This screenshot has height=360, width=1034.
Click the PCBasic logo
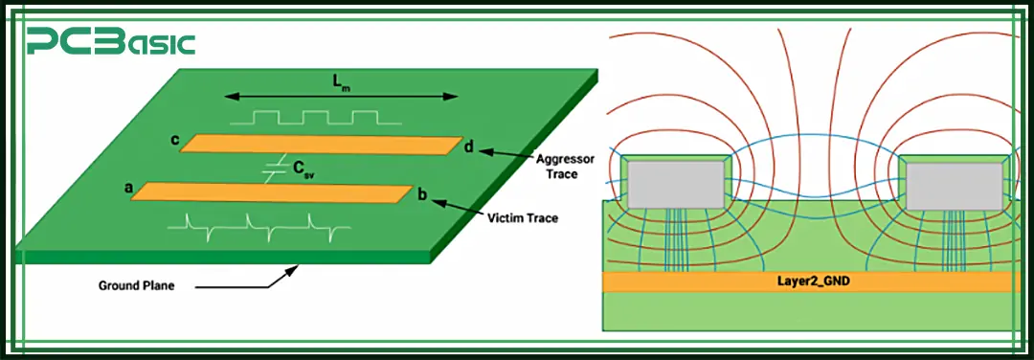click(111, 42)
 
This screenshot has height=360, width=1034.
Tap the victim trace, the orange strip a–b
click(273, 191)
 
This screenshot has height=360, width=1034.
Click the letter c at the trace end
click(174, 141)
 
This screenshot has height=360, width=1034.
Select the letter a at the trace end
click(128, 189)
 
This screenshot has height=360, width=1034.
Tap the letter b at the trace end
click(421, 193)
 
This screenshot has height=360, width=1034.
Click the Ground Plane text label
click(135, 285)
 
